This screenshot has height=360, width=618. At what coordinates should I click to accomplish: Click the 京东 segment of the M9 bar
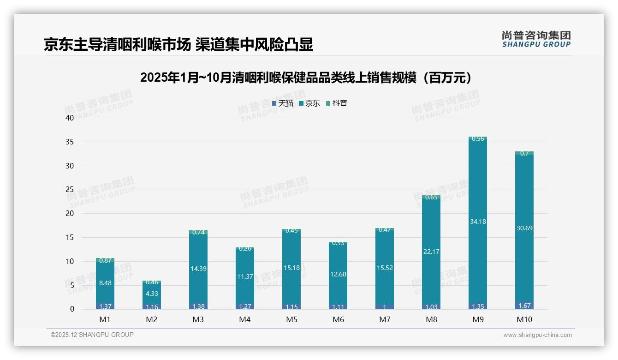point(478,194)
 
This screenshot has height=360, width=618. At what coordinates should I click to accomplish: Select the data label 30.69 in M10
point(524,228)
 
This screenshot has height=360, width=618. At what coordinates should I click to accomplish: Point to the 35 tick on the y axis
point(70,142)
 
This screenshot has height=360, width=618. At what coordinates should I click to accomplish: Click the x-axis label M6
point(338,319)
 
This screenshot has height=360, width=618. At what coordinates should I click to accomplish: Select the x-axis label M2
point(152,319)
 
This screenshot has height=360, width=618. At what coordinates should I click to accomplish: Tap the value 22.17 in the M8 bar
point(431,252)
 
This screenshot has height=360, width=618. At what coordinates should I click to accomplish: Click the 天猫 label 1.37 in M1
point(105,306)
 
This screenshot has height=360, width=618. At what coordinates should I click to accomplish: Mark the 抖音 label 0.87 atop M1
point(105,260)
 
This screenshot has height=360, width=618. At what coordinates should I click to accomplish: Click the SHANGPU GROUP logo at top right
point(536,39)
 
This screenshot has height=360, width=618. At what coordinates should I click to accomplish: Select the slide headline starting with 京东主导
point(178,44)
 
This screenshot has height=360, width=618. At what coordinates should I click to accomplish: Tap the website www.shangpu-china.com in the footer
point(537,335)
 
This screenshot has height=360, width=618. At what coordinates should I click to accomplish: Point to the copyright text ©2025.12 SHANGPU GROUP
point(92,335)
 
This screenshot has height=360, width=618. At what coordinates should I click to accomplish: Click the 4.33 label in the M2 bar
point(152,293)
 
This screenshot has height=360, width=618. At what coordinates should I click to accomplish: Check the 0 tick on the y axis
point(72,309)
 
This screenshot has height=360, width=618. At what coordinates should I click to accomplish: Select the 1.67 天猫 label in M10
point(524,306)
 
